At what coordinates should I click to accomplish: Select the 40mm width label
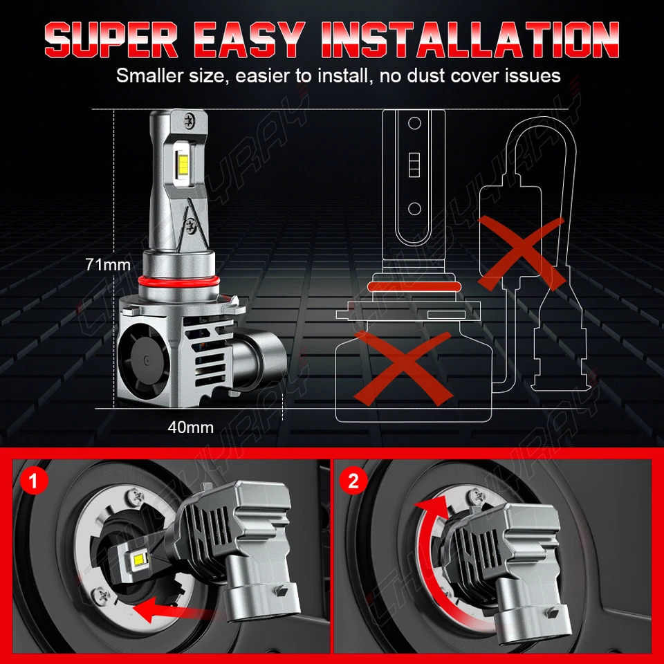coord(190,427)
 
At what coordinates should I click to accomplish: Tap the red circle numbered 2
coord(354,480)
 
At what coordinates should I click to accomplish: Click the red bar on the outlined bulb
coord(414,286)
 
